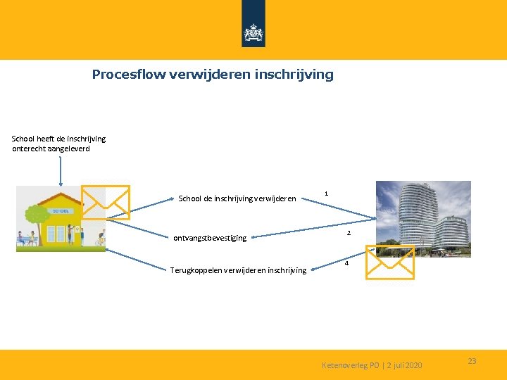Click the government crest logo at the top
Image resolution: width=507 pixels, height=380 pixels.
pos(253,32)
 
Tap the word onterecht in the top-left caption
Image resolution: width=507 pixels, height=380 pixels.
pos(30,148)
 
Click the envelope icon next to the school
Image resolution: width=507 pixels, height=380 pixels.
pos(106,202)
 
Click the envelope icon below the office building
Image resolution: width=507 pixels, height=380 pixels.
pos(389,263)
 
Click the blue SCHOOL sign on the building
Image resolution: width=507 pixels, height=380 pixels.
pos(60,210)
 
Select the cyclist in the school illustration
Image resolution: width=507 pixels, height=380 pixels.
pos(99,239)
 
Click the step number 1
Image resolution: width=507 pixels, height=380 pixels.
pos(326,193)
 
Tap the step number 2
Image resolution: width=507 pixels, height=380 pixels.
pos(349,233)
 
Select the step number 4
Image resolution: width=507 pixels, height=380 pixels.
pos(346,263)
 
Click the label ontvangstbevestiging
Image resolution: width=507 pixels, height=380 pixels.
pos(210,238)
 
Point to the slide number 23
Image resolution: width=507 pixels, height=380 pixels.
pos(472,361)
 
